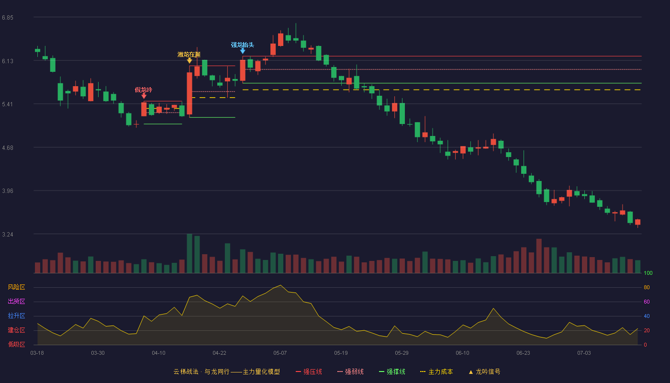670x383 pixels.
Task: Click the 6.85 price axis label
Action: [x=8, y=18]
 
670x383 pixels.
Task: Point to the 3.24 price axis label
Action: [x=8, y=235]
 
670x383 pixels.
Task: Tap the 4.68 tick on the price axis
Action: [x=8, y=148]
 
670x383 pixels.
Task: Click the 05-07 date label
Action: [x=280, y=353]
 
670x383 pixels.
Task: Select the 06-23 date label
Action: [x=523, y=353]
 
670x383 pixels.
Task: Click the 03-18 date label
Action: [x=37, y=353]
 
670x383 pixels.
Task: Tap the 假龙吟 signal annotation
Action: [x=144, y=90]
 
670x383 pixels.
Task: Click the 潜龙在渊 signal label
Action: [x=189, y=55]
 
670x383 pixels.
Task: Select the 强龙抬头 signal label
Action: [x=243, y=45]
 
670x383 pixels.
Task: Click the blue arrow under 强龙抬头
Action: [x=243, y=51]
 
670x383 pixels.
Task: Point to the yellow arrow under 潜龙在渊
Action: [x=190, y=61]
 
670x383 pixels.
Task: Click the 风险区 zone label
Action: [x=16, y=287]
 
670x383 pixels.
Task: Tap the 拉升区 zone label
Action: [x=16, y=316]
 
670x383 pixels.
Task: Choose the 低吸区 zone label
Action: [x=16, y=345]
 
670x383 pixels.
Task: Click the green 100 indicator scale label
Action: [x=648, y=273]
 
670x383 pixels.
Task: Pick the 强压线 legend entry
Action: [x=309, y=372]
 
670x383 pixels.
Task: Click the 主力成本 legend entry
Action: [x=436, y=372]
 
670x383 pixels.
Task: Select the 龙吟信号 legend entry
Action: [x=484, y=372]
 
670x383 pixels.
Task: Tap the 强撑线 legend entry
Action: [x=392, y=372]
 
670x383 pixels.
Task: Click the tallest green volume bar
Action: [x=190, y=253]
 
